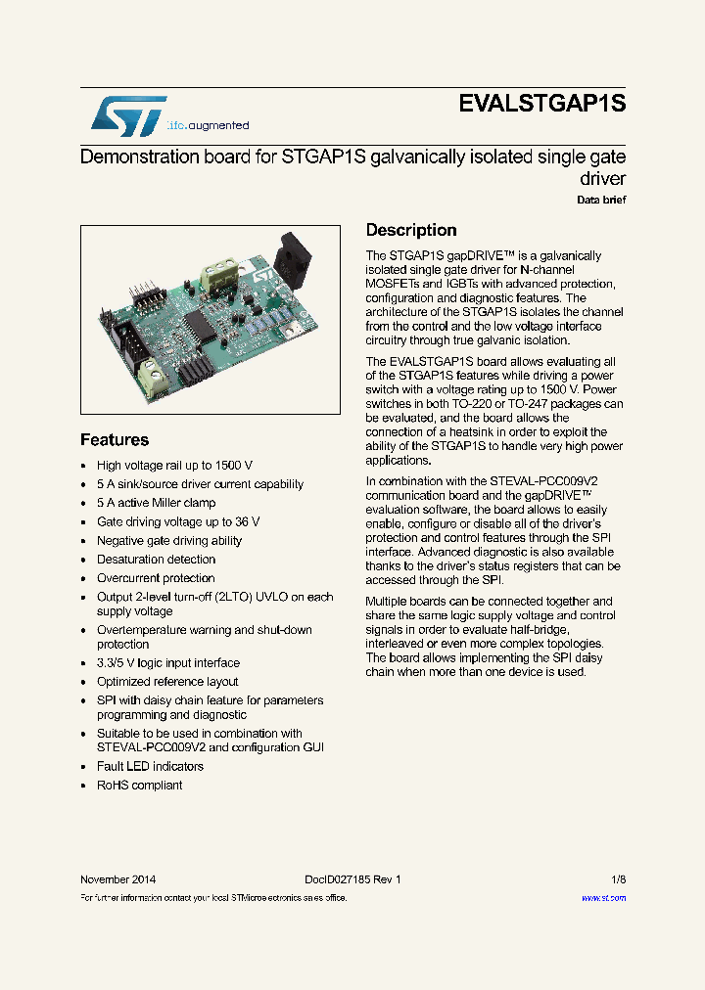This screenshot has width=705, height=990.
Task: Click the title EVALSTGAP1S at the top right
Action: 541,105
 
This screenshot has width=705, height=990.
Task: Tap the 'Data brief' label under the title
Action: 600,200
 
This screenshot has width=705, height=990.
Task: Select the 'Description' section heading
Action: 411,230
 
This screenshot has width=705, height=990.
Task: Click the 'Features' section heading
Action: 115,440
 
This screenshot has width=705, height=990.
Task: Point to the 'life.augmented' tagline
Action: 208,125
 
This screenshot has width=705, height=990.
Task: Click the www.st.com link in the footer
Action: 603,897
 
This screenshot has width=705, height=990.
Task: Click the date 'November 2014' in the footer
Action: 117,879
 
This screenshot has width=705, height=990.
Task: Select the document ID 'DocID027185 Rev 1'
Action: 346,879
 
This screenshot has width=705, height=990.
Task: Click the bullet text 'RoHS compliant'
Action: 139,785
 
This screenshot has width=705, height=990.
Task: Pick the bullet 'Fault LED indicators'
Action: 150,766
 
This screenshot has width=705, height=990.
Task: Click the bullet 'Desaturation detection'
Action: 156,560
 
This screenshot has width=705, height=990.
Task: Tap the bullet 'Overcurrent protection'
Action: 156,578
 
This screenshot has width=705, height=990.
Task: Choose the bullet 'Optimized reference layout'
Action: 167,682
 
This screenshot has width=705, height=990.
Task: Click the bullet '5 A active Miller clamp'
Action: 156,503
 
